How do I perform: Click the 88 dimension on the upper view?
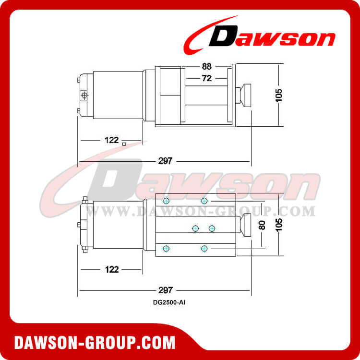point(207,67)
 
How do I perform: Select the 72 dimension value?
point(207,79)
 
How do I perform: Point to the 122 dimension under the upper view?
point(111,140)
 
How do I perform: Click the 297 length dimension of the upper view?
point(165,161)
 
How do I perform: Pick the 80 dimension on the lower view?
point(262,225)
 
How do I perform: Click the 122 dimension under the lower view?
point(111,269)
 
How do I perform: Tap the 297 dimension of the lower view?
point(165,290)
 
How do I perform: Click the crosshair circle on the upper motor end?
point(85,96)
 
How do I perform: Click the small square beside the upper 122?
point(124,144)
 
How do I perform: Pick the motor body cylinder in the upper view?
point(118,96)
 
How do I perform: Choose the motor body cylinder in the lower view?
point(118,225)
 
